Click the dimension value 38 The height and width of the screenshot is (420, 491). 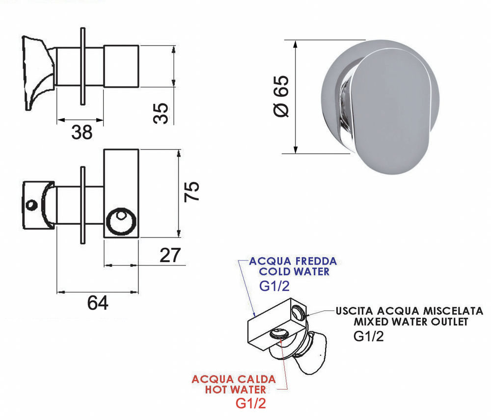tap(82, 132)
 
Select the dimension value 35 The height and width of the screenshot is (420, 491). tap(161, 113)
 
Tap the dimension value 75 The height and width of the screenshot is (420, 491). tap(191, 191)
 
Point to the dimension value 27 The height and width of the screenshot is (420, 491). tap(170, 255)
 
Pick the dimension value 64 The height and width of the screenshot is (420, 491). tap(98, 303)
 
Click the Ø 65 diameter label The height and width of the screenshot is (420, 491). tap(281, 96)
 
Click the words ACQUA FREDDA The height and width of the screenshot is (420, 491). tap(293, 261)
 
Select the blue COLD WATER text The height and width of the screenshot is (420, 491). tap(294, 272)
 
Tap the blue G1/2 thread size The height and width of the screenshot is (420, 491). tap(274, 286)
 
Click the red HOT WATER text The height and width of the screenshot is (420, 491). tap(236, 390)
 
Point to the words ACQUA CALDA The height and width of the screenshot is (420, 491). tap(234, 379)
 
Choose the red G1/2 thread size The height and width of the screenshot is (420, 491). tap(251, 403)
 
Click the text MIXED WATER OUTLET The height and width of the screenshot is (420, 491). tap(411, 322)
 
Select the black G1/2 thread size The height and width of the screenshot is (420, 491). tap(369, 337)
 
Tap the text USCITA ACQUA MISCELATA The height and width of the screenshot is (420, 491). tap(409, 311)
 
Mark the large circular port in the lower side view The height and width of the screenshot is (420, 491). tap(121, 221)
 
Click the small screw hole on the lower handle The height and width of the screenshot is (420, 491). tap(31, 205)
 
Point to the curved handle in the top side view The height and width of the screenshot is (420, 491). tap(38, 73)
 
